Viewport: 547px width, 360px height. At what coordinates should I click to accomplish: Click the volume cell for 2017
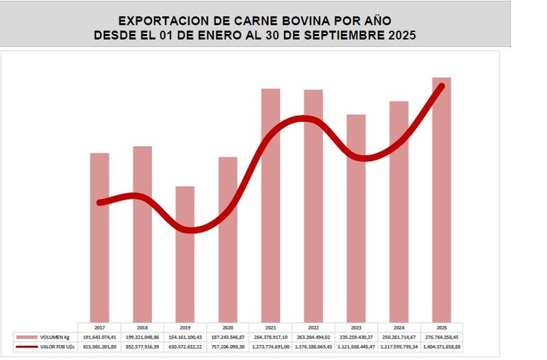99,337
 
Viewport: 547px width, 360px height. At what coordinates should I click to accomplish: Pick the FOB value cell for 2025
441,347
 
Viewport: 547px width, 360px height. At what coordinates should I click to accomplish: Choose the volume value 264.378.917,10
270,337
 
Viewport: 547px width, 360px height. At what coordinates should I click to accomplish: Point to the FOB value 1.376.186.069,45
313,347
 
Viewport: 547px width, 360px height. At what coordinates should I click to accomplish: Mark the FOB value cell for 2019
185,347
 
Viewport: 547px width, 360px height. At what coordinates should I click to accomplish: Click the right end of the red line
443,86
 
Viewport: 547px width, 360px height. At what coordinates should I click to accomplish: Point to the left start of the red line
99,203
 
